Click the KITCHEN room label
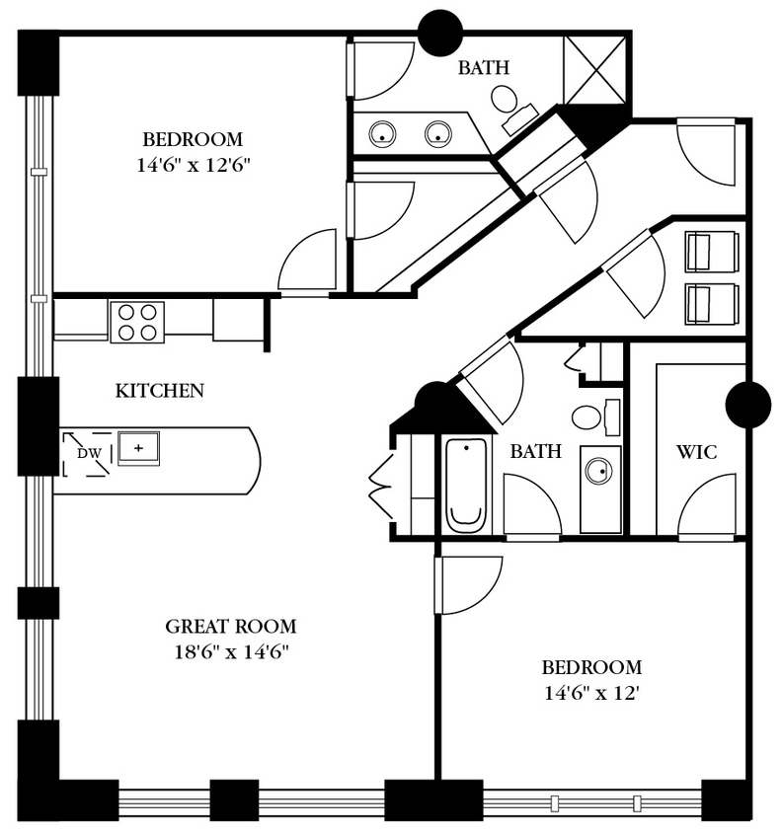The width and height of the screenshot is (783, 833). click(160, 391)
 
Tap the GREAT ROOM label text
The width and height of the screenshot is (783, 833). click(230, 626)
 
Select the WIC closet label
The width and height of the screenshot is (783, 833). click(696, 452)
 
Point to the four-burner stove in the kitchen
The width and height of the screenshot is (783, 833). click(137, 322)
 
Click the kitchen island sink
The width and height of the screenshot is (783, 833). click(139, 448)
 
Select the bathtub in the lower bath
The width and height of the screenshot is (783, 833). click(467, 485)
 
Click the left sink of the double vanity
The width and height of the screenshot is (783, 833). click(382, 134)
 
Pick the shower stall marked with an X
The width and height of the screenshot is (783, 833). click(594, 69)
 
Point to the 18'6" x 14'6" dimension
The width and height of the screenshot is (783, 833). click(230, 651)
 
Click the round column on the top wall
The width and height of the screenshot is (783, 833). click(439, 33)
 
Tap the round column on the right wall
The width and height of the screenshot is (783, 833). click(747, 405)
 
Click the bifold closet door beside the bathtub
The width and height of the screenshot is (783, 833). click(380, 486)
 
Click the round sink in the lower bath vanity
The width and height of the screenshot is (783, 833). click(598, 471)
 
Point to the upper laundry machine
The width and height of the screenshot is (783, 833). click(712, 251)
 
